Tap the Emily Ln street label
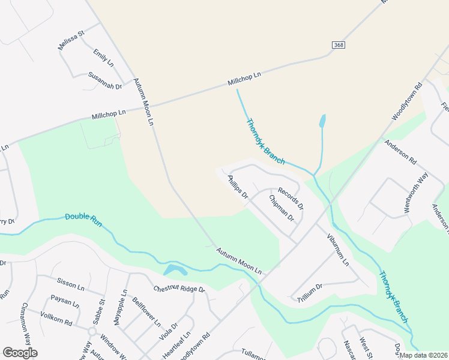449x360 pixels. [103, 58]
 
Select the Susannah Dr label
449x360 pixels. [104, 80]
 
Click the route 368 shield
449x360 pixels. [340, 46]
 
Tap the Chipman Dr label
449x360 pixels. [281, 208]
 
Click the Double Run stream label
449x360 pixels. [83, 220]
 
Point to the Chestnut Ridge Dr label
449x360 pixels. [179, 289]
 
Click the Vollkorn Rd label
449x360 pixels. [56, 318]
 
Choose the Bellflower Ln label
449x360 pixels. [146, 312]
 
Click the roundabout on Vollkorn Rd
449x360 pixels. [92, 331]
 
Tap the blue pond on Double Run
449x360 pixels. [174, 270]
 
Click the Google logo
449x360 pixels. [20, 353]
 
